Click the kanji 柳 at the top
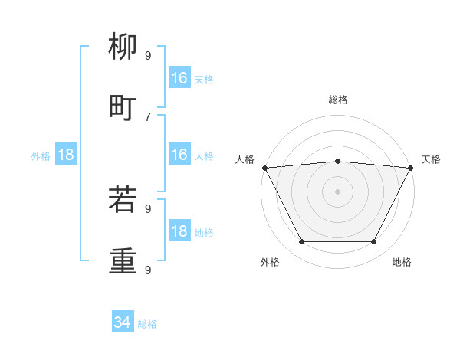coord(123,48)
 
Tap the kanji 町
coord(123,108)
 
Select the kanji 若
coord(123,200)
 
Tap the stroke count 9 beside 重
coord(148,270)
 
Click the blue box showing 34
coord(123,322)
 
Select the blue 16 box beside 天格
coord(179,78)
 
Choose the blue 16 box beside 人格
coord(179,155)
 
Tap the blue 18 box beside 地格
coord(179,231)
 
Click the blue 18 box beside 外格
coord(66,155)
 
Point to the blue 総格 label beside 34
coord(148,324)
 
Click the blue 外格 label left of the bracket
coord(41,156)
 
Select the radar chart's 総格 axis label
coord(338,100)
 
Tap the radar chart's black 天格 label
coord(431,159)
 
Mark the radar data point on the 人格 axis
coord(264,168)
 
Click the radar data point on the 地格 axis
coord(373,242)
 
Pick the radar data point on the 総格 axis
coord(337,161)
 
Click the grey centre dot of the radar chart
coord(337,191)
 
